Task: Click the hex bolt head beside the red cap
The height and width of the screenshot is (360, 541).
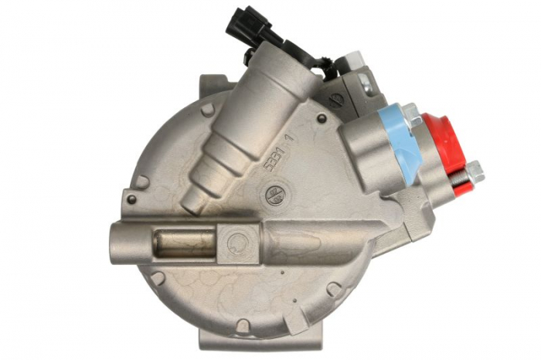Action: (474, 172)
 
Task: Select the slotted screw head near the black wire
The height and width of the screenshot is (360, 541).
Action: (335, 99)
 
